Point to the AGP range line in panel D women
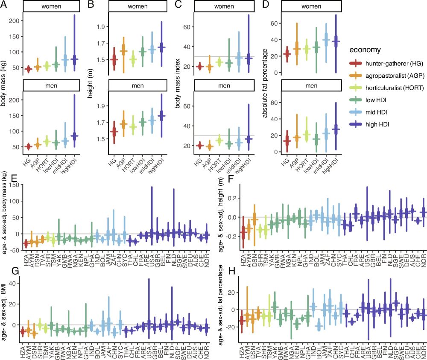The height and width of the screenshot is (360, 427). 285,43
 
